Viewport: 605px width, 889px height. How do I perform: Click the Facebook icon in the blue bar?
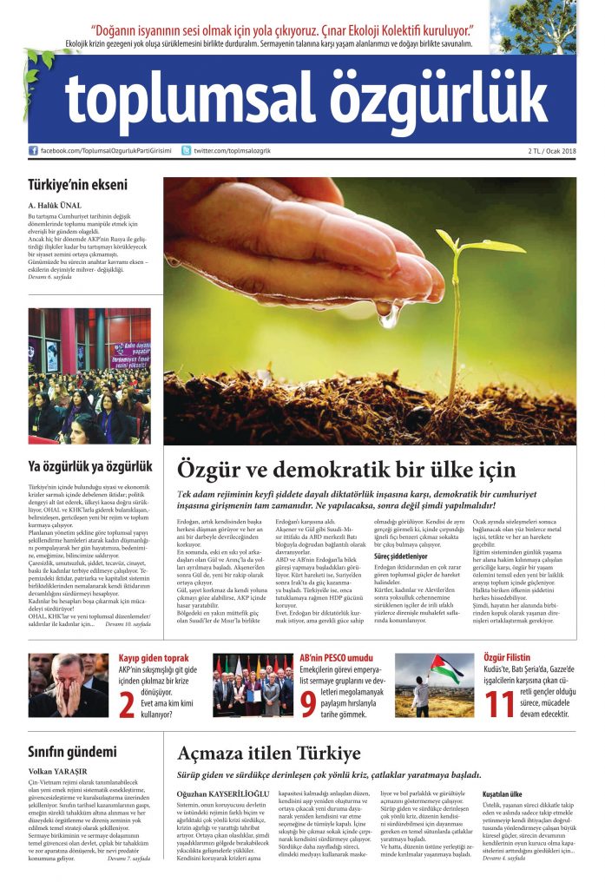[x=34, y=151]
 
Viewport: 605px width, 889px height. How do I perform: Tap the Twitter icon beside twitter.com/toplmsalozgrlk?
[x=186, y=151]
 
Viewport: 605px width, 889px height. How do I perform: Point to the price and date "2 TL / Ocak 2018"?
[x=551, y=151]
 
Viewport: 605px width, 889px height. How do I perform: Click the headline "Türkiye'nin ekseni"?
[x=77, y=184]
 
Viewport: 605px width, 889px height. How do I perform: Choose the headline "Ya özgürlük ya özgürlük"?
[x=89, y=466]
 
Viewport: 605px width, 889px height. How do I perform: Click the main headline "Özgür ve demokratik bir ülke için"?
[x=346, y=470]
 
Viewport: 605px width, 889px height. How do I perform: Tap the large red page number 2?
[x=126, y=705]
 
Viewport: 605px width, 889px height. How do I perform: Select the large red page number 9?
[x=308, y=705]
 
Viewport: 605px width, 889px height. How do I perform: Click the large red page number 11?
[x=502, y=705]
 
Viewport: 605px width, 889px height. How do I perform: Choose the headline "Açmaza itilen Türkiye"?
[x=269, y=752]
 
